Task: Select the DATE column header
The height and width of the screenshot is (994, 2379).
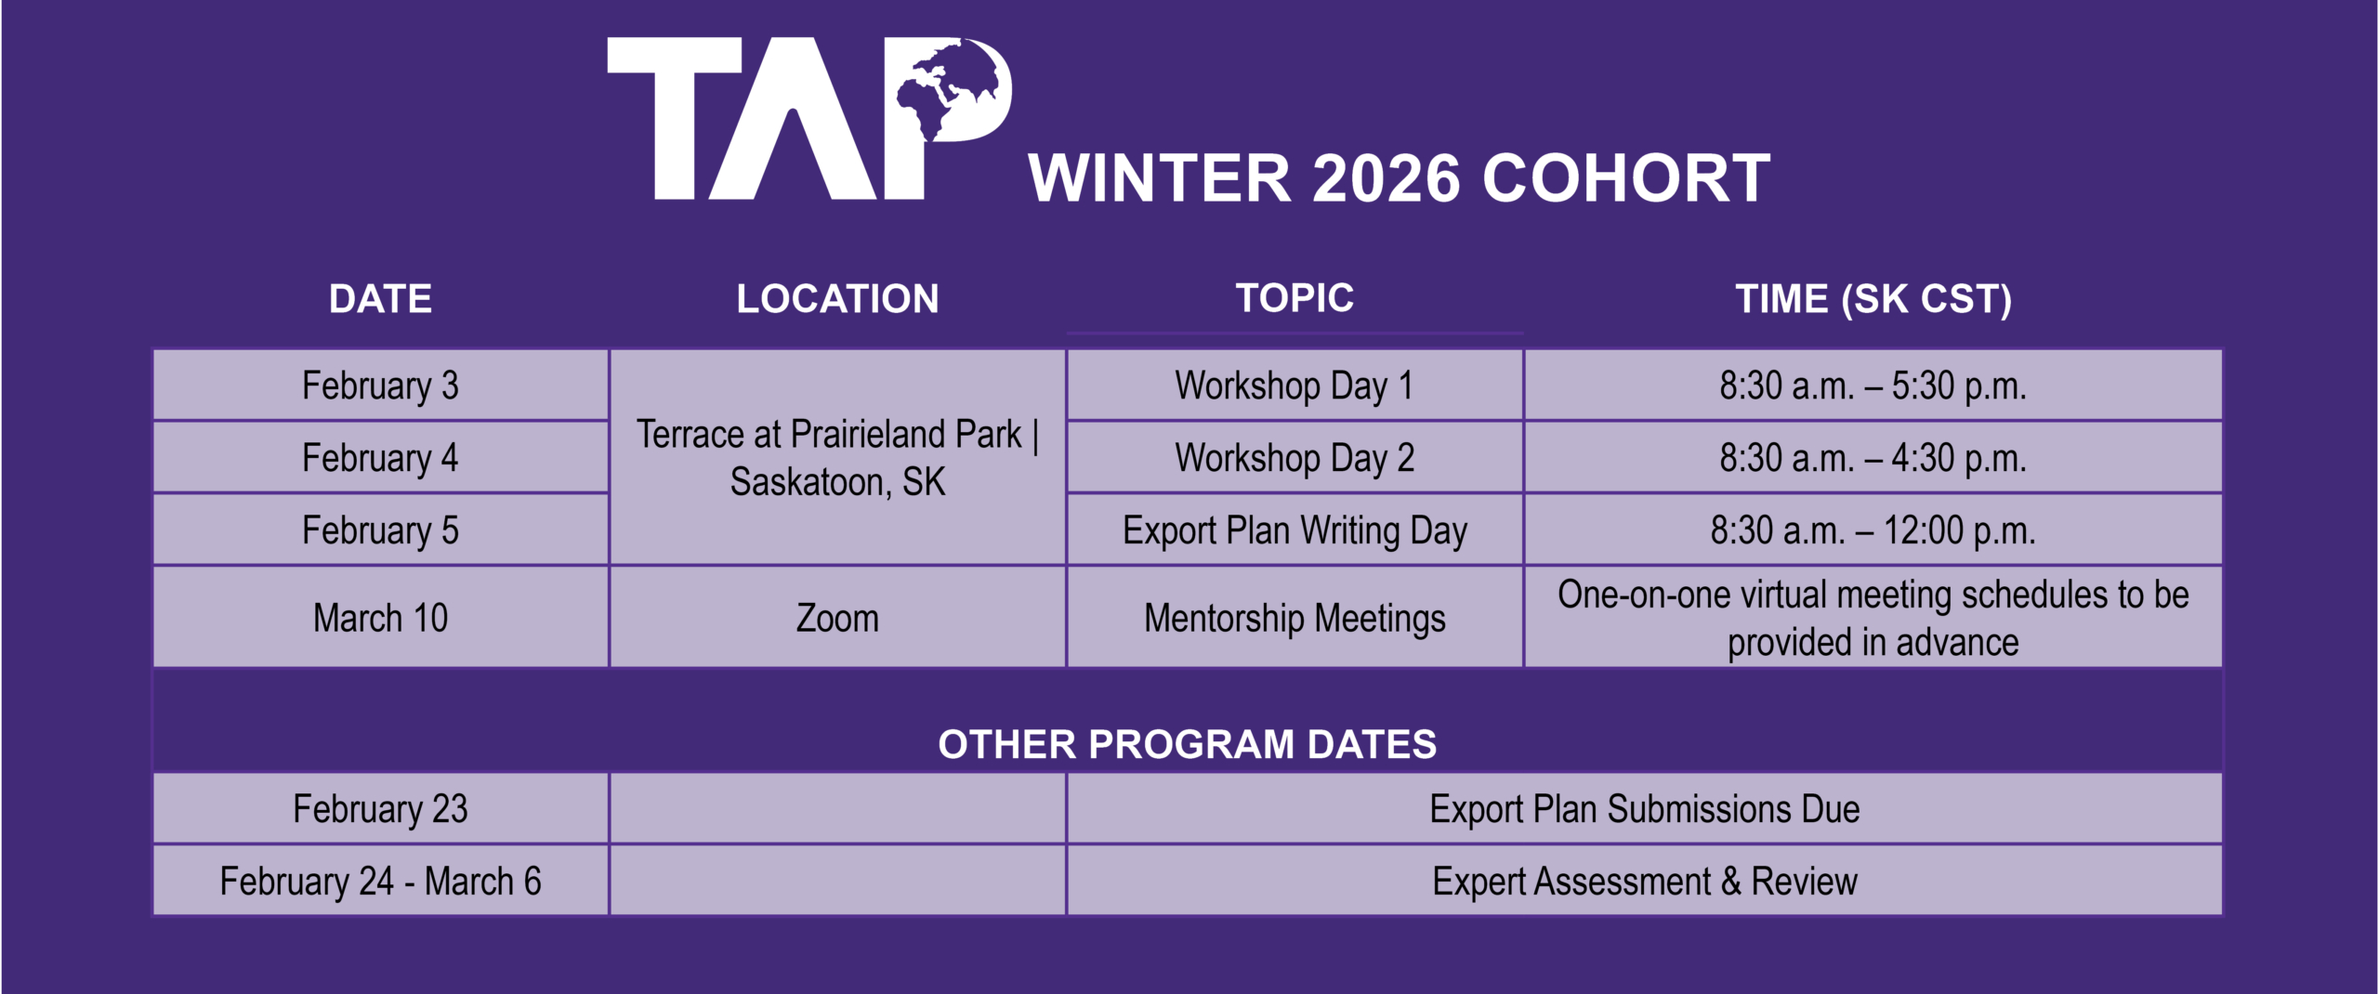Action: click(380, 299)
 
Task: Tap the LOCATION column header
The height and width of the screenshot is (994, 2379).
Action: click(837, 299)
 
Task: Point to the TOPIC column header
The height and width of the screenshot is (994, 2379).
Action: click(1295, 298)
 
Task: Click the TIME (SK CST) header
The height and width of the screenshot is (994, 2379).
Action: click(1873, 299)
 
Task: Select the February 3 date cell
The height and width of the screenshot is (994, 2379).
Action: click(380, 386)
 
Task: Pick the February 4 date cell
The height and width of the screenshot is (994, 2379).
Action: click(380, 458)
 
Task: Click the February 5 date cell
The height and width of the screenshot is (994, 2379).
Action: click(380, 530)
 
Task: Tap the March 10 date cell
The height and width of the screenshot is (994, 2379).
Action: click(380, 618)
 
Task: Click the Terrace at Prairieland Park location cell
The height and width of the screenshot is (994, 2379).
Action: click(837, 457)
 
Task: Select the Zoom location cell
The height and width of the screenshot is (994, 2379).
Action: click(837, 618)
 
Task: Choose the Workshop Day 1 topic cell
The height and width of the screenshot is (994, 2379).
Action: click(1295, 386)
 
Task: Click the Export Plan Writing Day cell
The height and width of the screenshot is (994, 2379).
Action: click(1295, 530)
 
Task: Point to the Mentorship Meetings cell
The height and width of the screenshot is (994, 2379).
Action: click(1295, 618)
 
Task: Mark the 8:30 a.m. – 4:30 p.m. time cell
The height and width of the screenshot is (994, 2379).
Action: click(1873, 458)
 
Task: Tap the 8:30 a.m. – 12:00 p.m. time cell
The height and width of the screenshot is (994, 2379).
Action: click(1873, 530)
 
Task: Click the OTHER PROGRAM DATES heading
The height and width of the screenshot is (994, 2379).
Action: click(1188, 744)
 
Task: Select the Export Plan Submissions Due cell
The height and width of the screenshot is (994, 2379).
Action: click(1645, 809)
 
